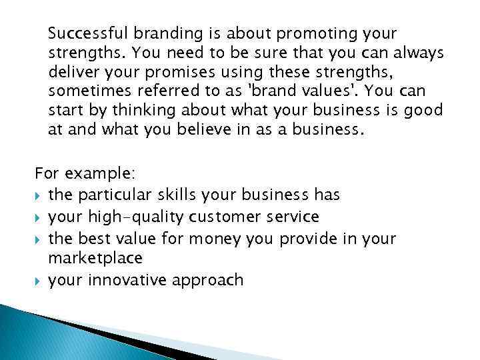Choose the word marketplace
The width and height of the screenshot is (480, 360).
95,257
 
